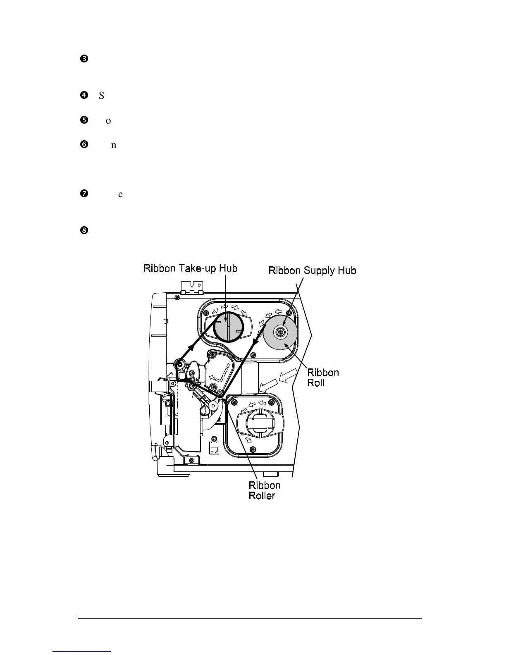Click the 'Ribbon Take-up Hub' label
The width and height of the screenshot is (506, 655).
190,268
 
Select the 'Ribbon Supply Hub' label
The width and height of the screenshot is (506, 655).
312,270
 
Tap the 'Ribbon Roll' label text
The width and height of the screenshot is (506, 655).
323,377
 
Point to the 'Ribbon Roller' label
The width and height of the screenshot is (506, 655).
265,490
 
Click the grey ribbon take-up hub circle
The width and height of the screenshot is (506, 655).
227,327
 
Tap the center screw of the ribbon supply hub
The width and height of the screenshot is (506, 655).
281,331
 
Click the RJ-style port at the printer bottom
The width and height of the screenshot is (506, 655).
215,449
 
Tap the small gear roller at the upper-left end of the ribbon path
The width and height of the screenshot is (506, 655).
179,364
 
